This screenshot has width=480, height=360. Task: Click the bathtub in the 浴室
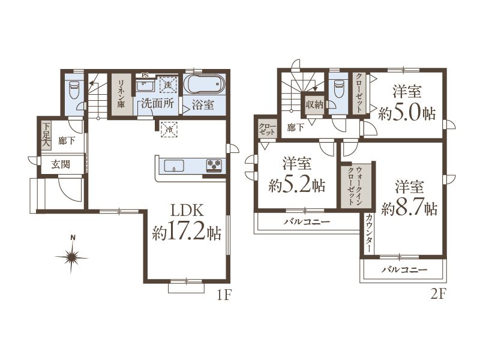(205, 83)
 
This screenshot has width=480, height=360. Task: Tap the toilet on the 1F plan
(74, 89)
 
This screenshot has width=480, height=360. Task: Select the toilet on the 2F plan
(339, 88)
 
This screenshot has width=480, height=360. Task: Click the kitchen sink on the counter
(174, 166)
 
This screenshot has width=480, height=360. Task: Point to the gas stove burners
(214, 165)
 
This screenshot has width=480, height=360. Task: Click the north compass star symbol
(72, 257)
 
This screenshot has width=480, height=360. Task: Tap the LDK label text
(187, 211)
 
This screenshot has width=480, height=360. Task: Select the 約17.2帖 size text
(187, 233)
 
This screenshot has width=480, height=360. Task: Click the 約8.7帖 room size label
(409, 209)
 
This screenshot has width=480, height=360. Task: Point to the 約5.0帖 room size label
(407, 114)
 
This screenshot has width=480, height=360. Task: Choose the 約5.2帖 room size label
(296, 185)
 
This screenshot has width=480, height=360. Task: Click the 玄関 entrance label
(61, 164)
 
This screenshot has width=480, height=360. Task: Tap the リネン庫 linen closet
(121, 94)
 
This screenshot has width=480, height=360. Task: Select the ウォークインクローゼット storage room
(355, 186)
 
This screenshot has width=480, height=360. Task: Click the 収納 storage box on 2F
(314, 104)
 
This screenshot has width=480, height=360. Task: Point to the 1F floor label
(223, 295)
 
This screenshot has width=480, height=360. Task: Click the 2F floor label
(438, 295)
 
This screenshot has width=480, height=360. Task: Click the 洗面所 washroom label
(158, 104)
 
